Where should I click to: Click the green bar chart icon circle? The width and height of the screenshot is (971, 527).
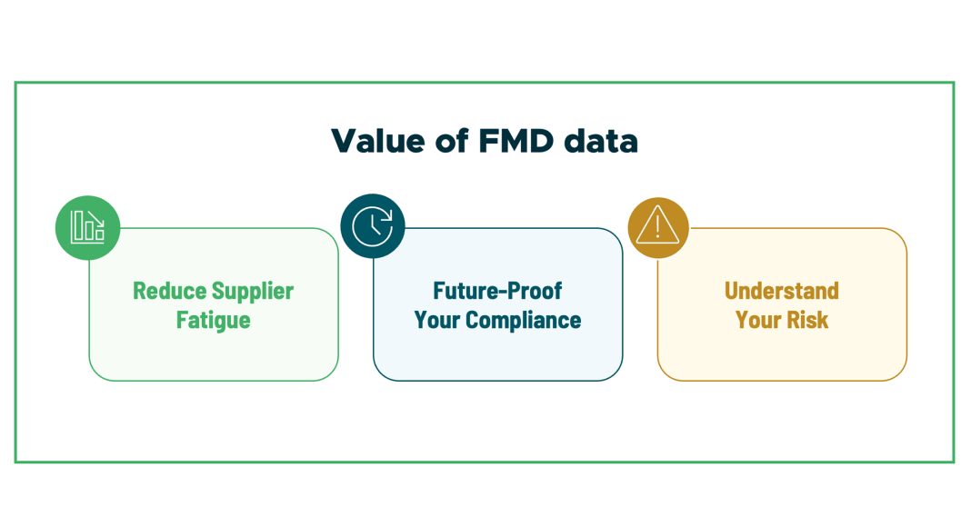(87, 226)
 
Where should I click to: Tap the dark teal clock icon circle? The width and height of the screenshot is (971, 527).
(372, 226)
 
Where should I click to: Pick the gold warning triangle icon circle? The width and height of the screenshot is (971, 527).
(657, 227)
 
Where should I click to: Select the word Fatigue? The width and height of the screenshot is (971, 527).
(214, 321)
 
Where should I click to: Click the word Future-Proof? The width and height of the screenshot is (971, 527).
(497, 292)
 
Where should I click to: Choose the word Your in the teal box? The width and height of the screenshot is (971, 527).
(438, 321)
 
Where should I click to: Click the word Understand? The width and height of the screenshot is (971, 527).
(782, 292)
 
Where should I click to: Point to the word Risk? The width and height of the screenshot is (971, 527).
(808, 321)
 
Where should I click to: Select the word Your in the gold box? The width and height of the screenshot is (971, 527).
(757, 321)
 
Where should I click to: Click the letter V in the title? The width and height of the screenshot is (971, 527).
(343, 141)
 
